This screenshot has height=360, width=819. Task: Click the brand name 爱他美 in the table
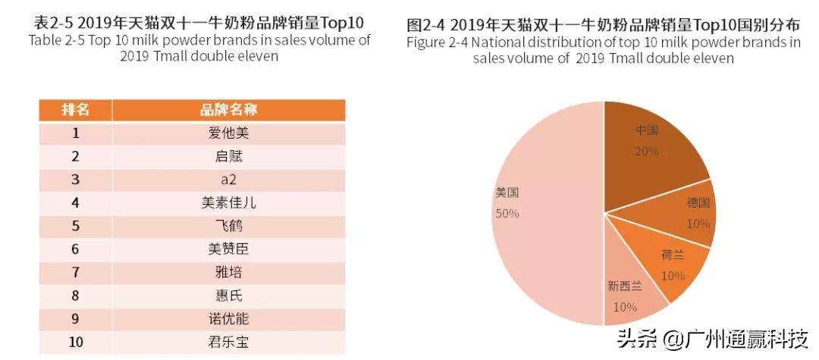coord(228,133)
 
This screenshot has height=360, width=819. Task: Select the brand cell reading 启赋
coord(228,157)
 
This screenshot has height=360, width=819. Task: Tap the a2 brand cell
coord(228,180)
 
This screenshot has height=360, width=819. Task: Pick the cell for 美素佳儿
coord(228,203)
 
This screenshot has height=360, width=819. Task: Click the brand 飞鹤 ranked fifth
coord(228,226)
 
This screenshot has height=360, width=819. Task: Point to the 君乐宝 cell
coord(228,342)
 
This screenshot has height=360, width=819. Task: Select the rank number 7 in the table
coord(75,272)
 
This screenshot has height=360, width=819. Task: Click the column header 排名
coord(75,110)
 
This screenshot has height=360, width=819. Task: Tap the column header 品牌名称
coord(228,110)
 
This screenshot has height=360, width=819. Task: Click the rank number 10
coord(75,342)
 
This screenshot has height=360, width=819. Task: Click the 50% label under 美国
coord(507,214)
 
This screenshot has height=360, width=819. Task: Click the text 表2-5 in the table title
coord(55,23)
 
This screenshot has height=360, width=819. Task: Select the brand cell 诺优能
coord(228,318)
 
